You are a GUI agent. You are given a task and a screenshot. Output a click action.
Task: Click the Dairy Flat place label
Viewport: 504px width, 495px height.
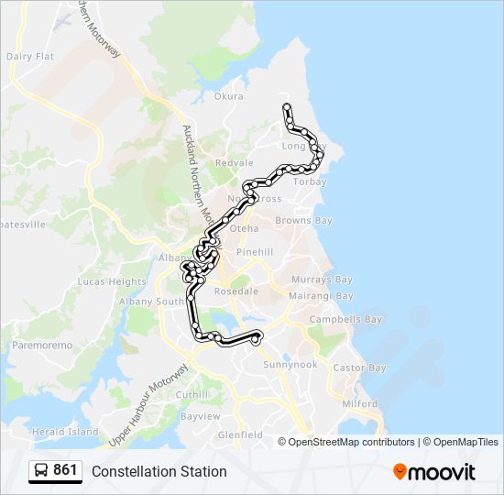click(30, 56)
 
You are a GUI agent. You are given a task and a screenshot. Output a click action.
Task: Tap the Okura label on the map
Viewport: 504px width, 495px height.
click(228, 96)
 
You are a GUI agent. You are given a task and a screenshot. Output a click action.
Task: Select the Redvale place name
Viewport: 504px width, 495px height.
click(234, 163)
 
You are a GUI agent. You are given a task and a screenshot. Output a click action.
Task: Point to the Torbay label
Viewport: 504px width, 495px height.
click(311, 181)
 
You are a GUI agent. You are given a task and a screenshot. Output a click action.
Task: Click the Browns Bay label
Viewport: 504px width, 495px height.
click(303, 221)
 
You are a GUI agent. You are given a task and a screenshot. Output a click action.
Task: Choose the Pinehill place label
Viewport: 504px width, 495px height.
click(255, 251)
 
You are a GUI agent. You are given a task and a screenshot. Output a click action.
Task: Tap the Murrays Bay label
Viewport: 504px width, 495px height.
click(322, 280)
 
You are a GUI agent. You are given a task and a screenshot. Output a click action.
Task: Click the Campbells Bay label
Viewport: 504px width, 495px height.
click(345, 320)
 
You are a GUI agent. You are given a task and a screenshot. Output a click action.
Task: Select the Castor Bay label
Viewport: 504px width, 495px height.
click(359, 368)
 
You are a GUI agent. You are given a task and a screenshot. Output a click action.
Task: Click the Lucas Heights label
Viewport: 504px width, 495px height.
click(112, 281)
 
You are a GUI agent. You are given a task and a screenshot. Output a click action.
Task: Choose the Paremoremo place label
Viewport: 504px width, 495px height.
click(40, 346)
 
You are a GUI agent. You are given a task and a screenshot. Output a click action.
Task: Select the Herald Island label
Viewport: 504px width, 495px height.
click(64, 432)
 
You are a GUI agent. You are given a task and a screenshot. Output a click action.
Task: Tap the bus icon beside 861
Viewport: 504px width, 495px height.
click(41, 471)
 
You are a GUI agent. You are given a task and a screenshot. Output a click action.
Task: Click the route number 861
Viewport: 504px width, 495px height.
click(65, 470)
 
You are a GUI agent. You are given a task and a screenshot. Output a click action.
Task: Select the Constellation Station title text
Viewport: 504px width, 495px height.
click(159, 471)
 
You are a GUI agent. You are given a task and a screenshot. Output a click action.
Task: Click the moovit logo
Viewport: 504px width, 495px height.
click(434, 471)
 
